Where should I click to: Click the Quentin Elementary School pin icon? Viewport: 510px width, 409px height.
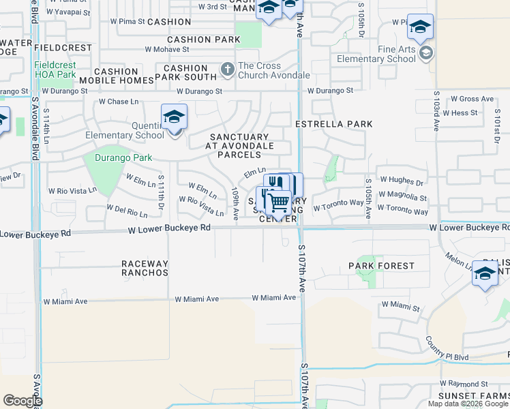[x=174, y=117]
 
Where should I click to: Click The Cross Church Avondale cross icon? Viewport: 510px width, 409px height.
[x=227, y=70]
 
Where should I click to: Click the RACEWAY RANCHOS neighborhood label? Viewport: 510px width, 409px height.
[x=145, y=268]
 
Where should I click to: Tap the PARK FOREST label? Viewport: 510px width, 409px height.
[x=381, y=266]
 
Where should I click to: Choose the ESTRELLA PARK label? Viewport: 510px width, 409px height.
[x=334, y=124]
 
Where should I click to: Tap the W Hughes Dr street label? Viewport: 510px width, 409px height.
[x=402, y=180]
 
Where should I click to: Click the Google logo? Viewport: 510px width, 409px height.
[x=22, y=401]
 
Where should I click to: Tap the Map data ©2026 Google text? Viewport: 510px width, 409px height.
[x=468, y=404]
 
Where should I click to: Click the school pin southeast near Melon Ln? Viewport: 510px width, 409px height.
[x=485, y=274]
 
